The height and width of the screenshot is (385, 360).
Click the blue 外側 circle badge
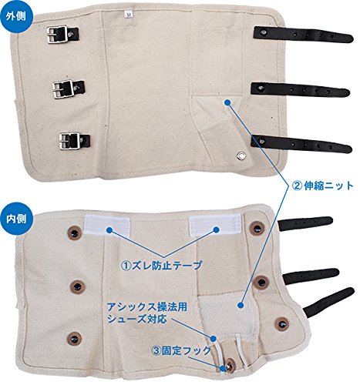click(16, 16)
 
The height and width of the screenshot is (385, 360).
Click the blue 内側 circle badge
click(16, 219)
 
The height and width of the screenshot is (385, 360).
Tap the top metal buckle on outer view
click(58, 35)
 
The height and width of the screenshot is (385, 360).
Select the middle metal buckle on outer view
click(62, 89)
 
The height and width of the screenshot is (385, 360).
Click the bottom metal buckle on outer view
click(69, 141)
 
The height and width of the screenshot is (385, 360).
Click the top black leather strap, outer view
click(303, 35)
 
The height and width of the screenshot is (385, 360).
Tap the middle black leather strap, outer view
click(300, 90)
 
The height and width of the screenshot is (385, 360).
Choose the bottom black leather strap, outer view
click(301, 144)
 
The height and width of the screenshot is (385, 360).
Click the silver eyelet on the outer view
click(241, 155)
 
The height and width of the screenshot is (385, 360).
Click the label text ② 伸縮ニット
click(322, 186)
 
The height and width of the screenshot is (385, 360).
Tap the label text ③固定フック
click(181, 350)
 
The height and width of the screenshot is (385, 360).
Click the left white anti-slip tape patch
click(107, 225)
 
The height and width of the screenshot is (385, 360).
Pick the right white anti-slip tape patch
click(215, 225)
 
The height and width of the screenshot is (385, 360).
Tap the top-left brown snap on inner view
click(74, 233)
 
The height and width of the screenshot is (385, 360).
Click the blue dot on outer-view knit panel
click(227, 102)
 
